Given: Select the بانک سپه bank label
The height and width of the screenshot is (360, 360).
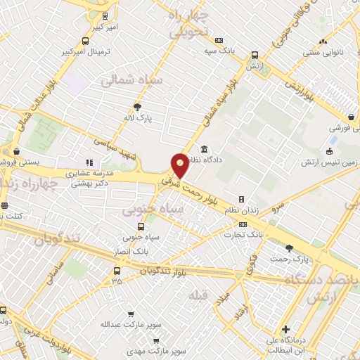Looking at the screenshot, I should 219,51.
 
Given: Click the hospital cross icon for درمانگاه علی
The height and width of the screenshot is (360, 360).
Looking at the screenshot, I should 285,329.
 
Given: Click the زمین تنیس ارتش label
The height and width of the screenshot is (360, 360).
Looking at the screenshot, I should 330,163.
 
